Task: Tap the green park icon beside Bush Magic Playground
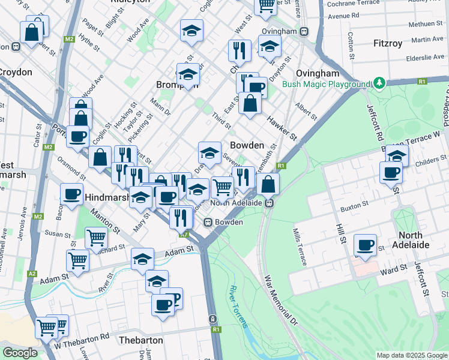[379, 82]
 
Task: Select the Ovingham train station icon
[304, 31]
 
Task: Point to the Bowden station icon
[208, 222]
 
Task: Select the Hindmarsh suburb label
[106, 197]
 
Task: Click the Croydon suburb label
[15, 72]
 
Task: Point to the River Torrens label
[238, 307]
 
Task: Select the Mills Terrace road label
[300, 247]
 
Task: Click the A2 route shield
[32, 274]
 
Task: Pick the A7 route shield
[185, 234]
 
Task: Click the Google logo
[20, 353]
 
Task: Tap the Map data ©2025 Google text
[411, 355]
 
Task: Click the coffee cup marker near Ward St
[365, 245]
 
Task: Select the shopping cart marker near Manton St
[95, 238]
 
